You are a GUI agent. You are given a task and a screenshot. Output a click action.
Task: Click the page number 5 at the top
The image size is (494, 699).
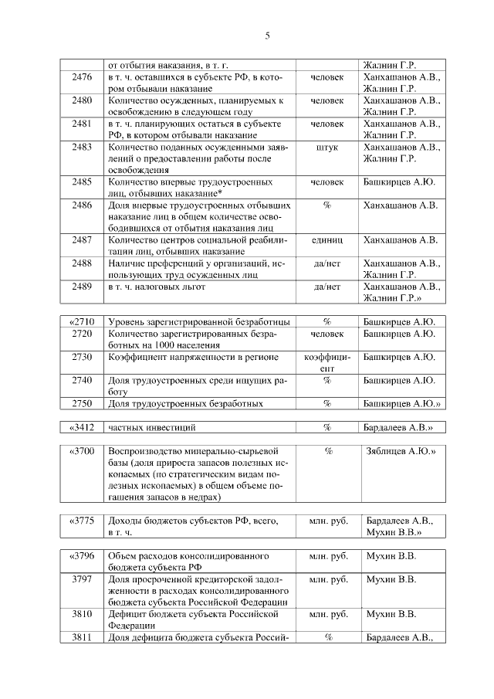267,36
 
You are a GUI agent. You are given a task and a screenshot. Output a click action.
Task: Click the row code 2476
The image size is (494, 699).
82,78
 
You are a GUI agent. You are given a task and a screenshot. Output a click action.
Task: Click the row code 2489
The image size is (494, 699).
82,287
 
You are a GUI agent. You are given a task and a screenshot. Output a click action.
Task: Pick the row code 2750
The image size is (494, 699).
82,403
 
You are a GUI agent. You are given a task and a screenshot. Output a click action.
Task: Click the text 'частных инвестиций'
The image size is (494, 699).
151,426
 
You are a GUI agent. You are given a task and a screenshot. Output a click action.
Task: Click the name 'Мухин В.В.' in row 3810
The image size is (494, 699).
391,614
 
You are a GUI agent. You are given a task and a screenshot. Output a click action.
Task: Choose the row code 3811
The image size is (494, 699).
82,637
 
